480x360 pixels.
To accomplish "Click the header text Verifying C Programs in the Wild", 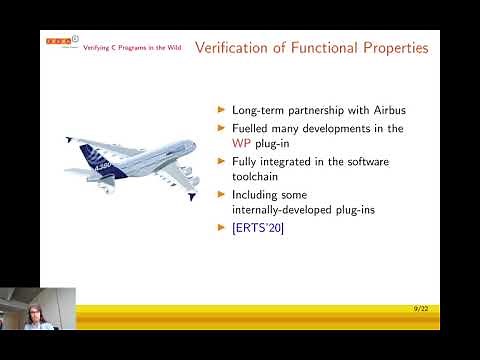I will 124,48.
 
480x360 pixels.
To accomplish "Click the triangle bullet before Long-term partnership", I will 222,110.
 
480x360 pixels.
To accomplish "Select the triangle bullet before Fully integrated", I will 222,161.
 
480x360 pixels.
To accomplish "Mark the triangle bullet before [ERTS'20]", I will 222,228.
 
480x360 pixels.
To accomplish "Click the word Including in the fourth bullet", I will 257,194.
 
